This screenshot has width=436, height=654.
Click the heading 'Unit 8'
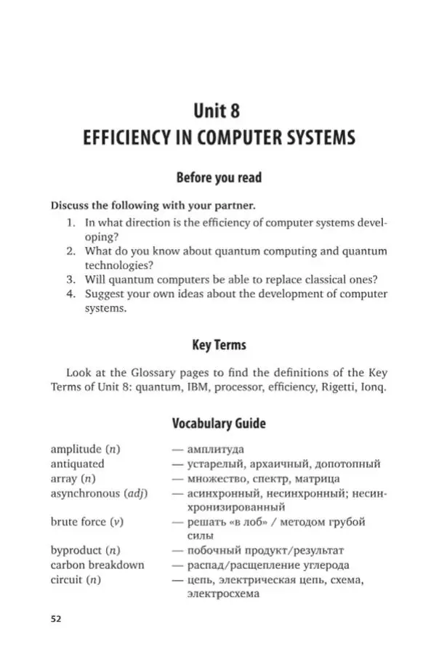216,110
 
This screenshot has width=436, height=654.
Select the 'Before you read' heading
218,177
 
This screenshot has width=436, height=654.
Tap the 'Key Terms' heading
218,345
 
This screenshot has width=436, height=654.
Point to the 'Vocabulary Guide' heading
218,423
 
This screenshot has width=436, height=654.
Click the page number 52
56,618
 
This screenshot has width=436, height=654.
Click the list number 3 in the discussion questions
71,279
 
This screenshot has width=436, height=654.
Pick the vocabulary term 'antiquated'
77,464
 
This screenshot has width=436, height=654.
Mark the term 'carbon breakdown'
97,565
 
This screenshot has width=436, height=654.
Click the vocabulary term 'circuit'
67,579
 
